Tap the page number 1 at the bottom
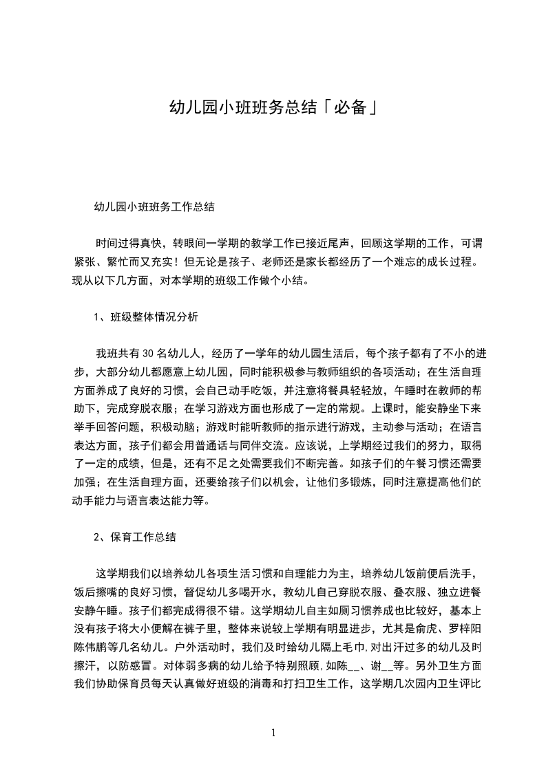coord(273,733)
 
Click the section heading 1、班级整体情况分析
coord(146,317)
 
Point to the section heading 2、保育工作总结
coord(135,537)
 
